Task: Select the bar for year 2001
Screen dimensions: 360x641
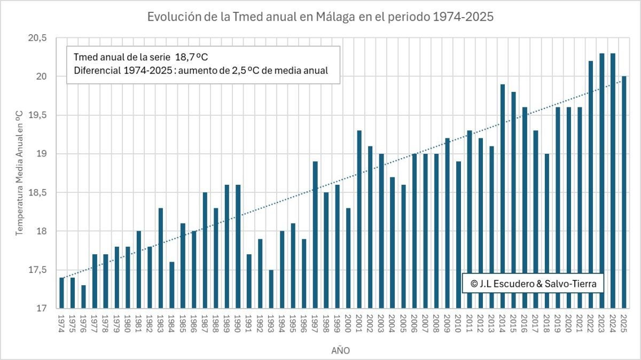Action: (359, 219)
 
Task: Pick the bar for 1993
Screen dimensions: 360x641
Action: (271, 289)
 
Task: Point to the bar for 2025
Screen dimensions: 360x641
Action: (624, 192)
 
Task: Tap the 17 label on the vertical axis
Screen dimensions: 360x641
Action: (42, 309)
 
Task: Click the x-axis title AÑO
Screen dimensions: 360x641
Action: (340, 350)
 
